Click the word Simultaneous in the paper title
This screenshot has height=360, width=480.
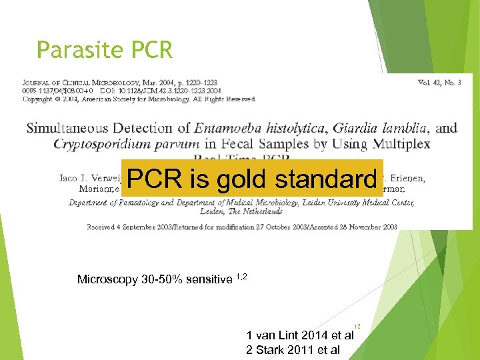(68, 128)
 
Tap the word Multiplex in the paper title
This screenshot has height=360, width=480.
(401, 144)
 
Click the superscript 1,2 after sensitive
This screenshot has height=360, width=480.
(243, 275)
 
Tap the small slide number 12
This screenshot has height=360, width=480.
(357, 327)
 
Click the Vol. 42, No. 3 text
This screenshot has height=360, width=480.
(440, 83)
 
